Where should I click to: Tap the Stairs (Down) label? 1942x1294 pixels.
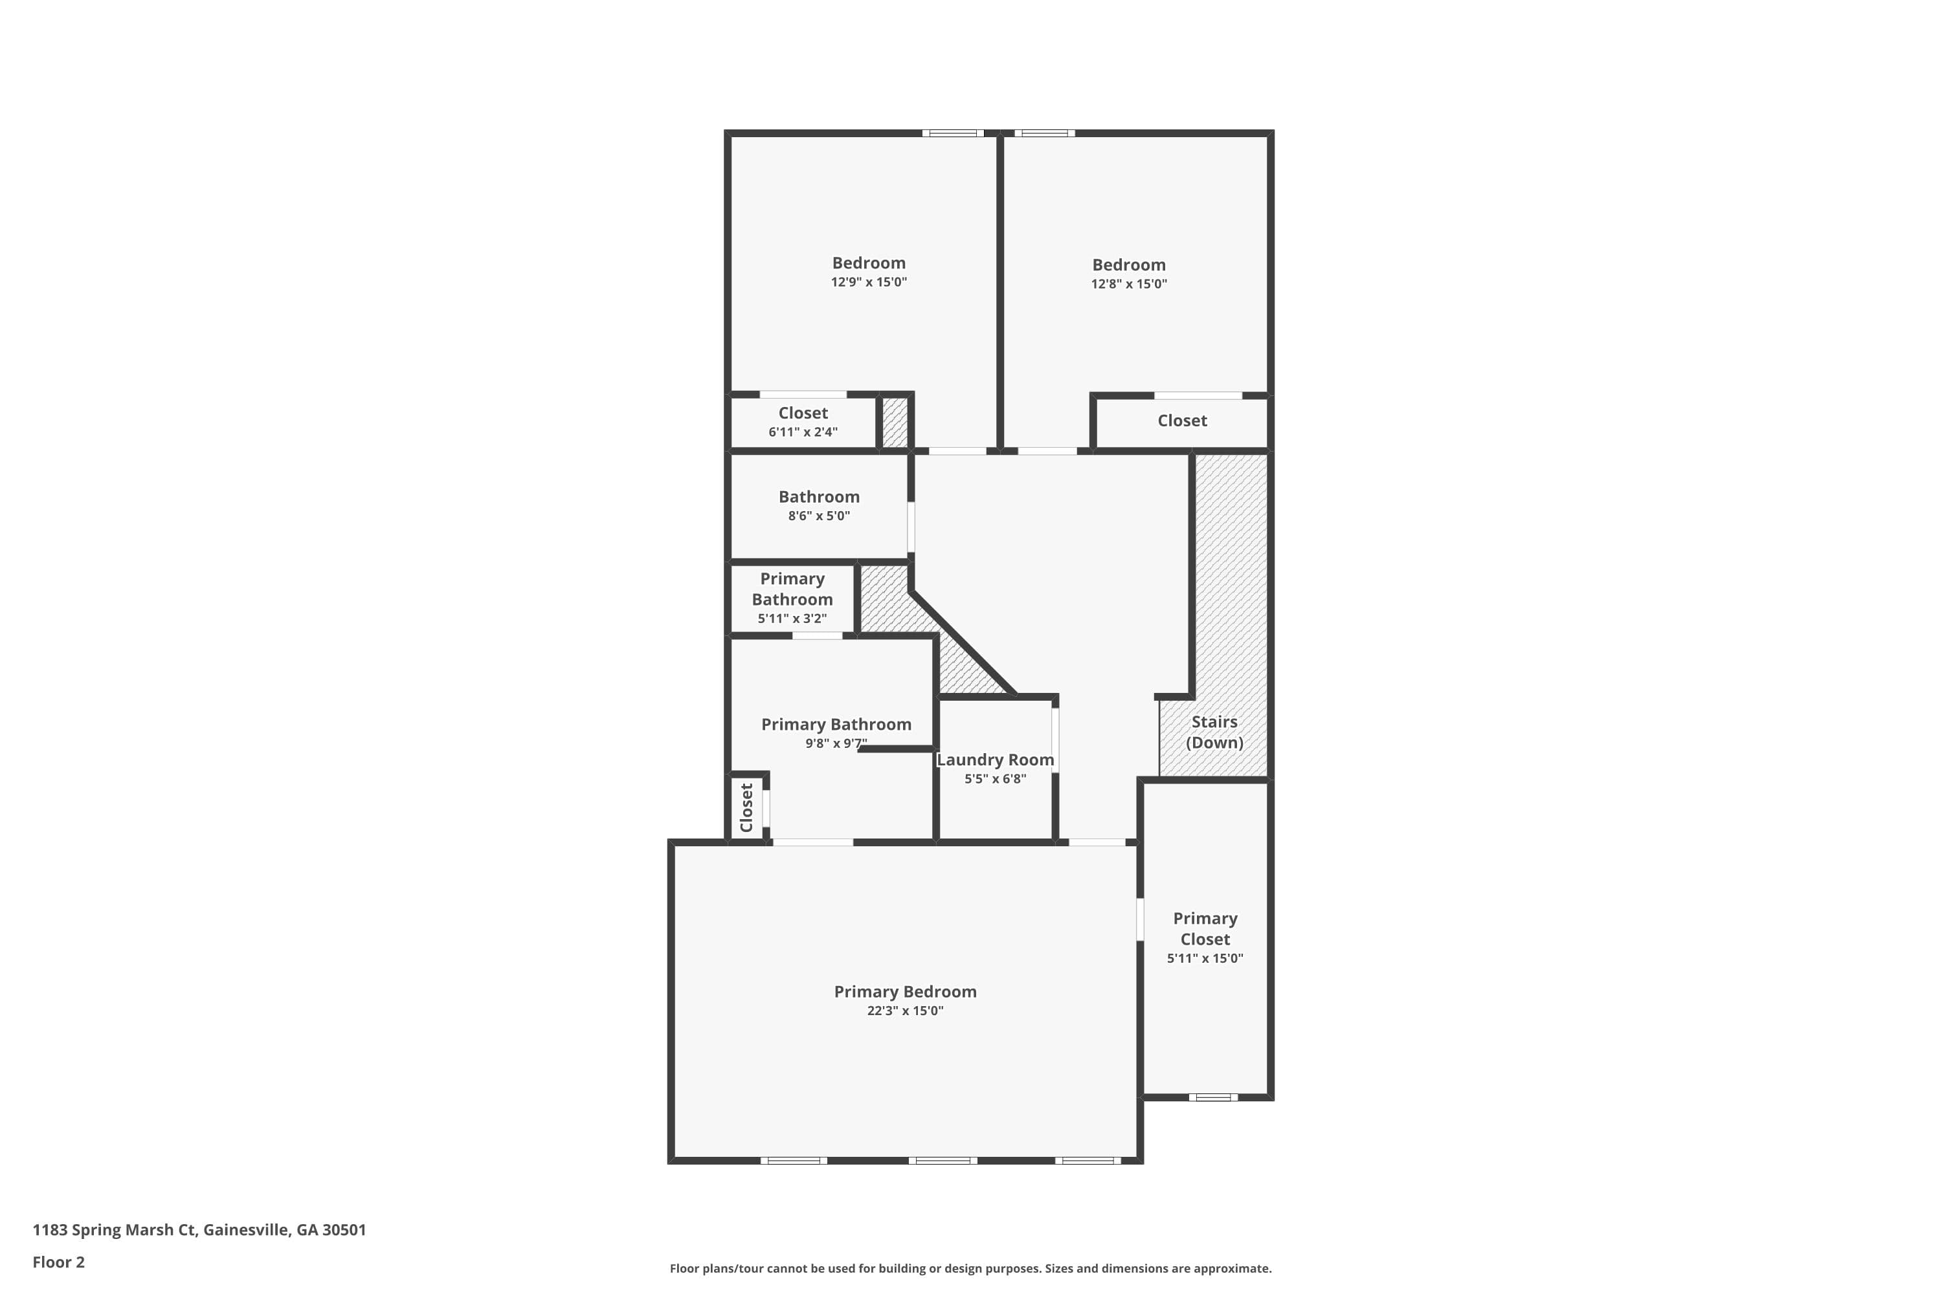click(1214, 732)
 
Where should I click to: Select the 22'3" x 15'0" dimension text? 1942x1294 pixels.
click(905, 1011)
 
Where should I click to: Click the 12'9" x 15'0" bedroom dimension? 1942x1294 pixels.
click(869, 282)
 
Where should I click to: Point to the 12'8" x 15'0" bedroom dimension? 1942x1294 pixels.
click(1129, 284)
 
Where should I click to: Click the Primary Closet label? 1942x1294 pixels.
click(1205, 928)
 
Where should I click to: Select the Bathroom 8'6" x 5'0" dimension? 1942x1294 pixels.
click(818, 516)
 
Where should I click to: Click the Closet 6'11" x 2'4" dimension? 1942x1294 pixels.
click(803, 432)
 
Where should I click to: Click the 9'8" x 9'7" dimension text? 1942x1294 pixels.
click(836, 743)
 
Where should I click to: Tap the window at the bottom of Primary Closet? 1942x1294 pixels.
click(1213, 1097)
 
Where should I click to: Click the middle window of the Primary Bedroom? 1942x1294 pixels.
click(943, 1160)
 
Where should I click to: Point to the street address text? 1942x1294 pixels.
click(199, 1230)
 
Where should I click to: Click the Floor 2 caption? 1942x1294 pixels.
click(59, 1262)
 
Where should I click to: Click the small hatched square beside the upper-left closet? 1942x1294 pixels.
click(895, 422)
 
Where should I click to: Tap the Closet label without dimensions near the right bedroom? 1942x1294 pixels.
click(1181, 421)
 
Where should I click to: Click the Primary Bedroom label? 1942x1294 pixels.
click(905, 992)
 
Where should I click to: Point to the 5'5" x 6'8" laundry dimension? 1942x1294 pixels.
click(995, 779)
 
